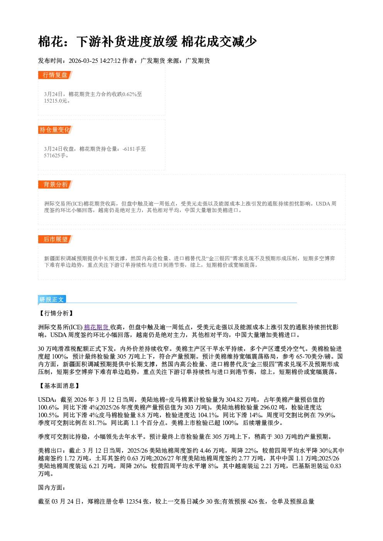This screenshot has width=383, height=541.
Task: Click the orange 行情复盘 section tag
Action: coord(55,75)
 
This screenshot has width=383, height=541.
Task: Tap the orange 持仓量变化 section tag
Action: coord(55,130)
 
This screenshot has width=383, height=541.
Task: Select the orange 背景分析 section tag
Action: coord(55,185)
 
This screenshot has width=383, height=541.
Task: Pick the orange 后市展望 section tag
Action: coord(55,239)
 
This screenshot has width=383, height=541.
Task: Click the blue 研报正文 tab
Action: coord(52,300)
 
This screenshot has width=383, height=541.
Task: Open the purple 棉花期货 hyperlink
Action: coord(97,327)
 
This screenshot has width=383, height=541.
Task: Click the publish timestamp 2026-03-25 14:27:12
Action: coord(95,61)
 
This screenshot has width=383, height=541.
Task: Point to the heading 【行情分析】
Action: coord(56,313)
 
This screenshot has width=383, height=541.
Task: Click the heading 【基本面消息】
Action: coord(59,386)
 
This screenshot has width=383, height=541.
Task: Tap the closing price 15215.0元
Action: coord(55,101)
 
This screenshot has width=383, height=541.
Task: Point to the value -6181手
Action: coord(134,149)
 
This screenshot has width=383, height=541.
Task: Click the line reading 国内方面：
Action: coord(52,488)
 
